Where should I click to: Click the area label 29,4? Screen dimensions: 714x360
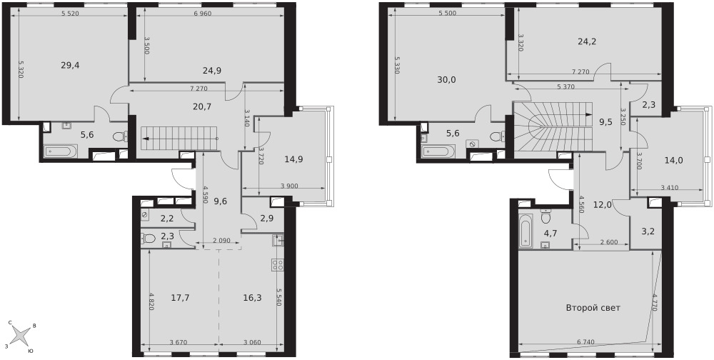coord(70,65)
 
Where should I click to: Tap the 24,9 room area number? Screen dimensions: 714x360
coord(212,70)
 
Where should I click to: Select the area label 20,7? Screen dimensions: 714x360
coord(202,106)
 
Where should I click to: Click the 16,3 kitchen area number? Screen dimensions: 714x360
coord(253,298)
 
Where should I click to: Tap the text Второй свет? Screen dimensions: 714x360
coord(593,308)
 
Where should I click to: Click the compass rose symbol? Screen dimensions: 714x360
coord(19,336)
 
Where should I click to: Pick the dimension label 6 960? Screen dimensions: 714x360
coord(203,14)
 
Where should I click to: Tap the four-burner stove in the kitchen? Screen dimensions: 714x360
coord(278,265)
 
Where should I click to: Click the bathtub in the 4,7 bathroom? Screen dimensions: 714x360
coord(526,231)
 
